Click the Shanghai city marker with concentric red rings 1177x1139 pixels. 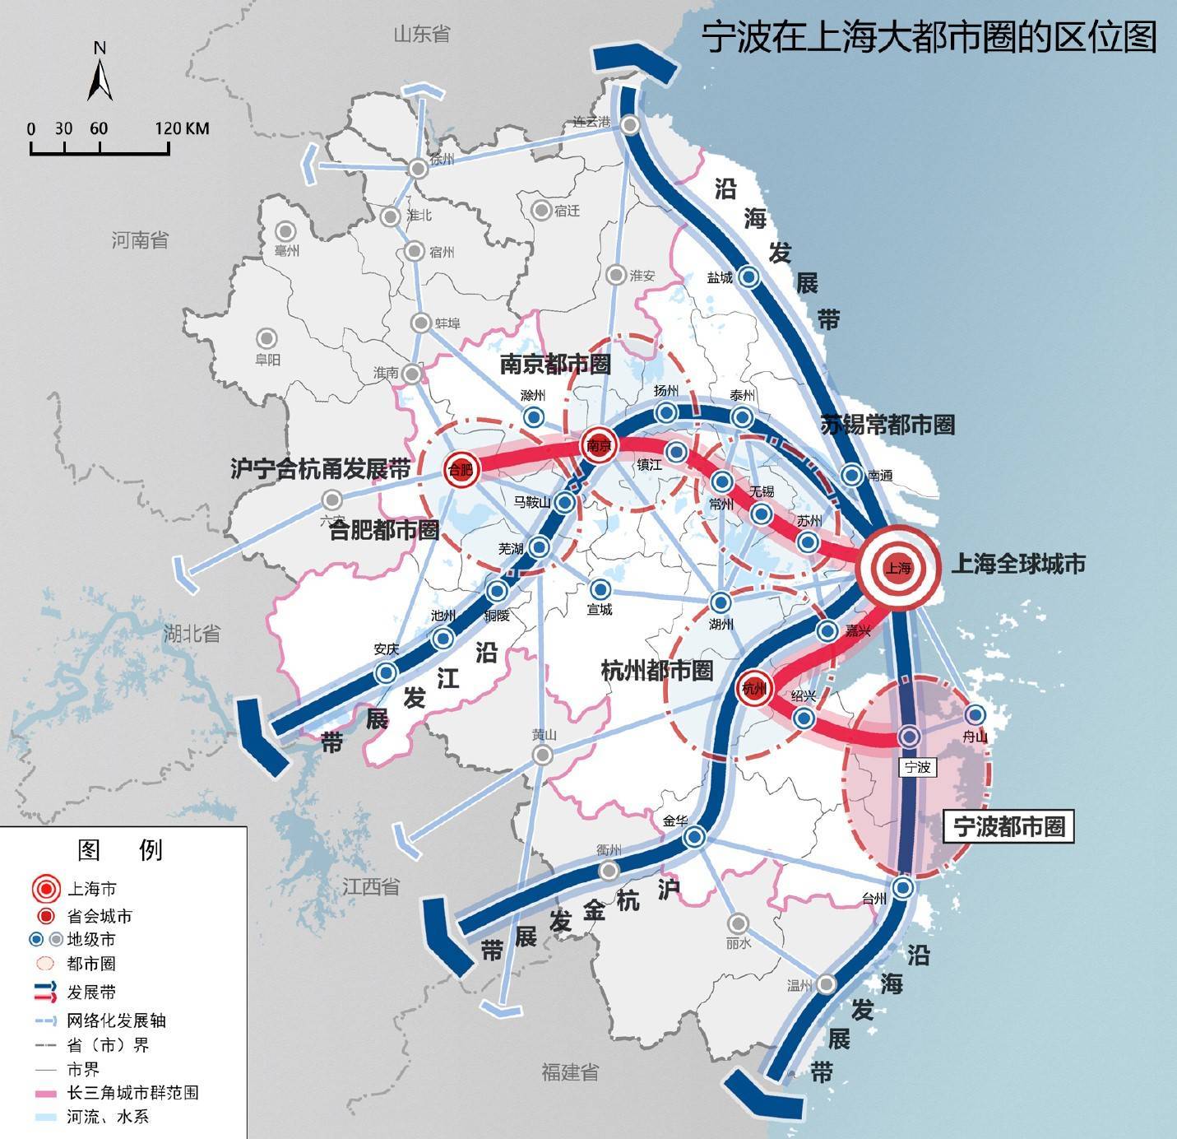898,567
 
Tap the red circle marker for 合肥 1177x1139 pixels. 461,469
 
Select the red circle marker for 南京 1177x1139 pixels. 599,445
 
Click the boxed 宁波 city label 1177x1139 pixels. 916,766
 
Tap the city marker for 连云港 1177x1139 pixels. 631,125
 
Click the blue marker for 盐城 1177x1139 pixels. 748,277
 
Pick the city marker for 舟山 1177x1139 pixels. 975,714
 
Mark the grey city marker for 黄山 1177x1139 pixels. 541,755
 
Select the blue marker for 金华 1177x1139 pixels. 694,837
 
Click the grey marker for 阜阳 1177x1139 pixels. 266,337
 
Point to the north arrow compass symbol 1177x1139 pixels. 100,74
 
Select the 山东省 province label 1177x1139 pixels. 422,34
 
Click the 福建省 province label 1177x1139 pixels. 569,1072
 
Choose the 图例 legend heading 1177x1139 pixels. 120,849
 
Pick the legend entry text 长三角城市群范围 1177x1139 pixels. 132,1093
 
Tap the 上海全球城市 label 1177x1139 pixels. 1018,564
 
